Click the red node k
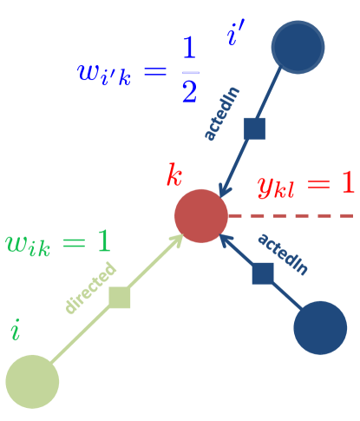point(200,215)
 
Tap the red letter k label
point(174,176)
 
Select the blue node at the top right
point(298,47)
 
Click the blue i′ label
point(235,36)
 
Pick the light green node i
point(32,381)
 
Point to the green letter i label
point(15,330)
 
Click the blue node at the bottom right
point(319,327)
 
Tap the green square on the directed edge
point(120,297)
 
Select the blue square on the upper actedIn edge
point(254,128)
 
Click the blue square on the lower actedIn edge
point(263,273)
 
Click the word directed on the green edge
point(89,287)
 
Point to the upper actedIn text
point(221,114)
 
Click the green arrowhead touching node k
point(178,239)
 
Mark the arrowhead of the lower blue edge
point(226,240)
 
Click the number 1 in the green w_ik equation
point(103,241)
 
